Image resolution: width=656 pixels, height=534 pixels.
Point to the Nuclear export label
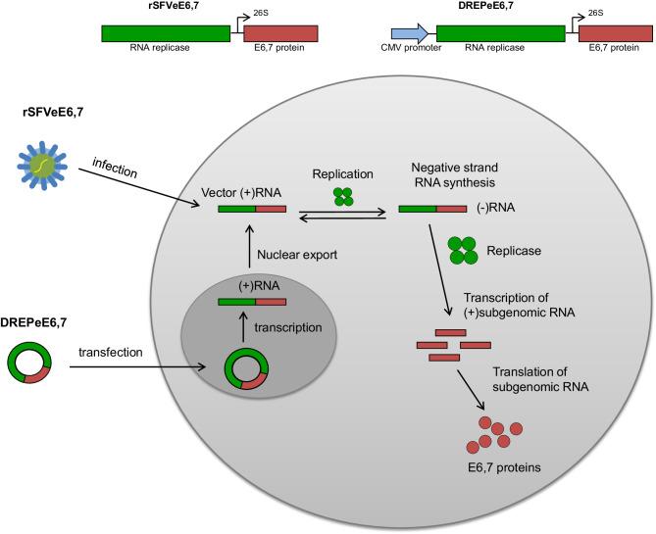(x=296, y=255)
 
